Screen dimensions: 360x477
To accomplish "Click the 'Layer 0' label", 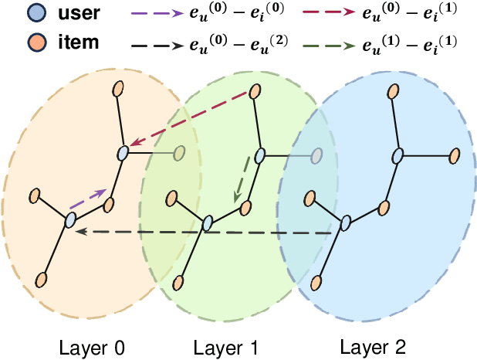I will point(91,345).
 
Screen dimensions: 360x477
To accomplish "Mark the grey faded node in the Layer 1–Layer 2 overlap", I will point(316,157).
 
